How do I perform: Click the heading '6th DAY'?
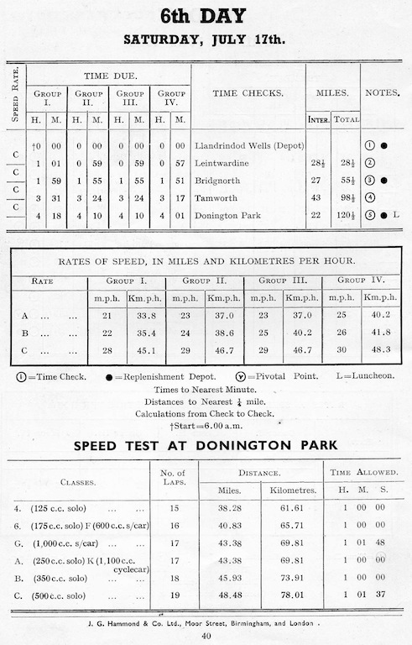point(206,16)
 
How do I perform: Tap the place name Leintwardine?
point(222,163)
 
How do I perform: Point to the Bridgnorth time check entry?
point(217,181)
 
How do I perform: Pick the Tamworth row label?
point(216,198)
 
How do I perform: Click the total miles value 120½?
point(344,216)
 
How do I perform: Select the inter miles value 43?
point(317,198)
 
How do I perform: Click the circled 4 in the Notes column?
point(370,198)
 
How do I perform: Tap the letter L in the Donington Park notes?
point(396,216)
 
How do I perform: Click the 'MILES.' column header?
point(331,93)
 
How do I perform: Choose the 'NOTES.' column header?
point(383,93)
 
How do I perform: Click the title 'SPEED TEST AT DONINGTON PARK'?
point(206,444)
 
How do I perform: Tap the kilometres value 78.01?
point(289,595)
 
